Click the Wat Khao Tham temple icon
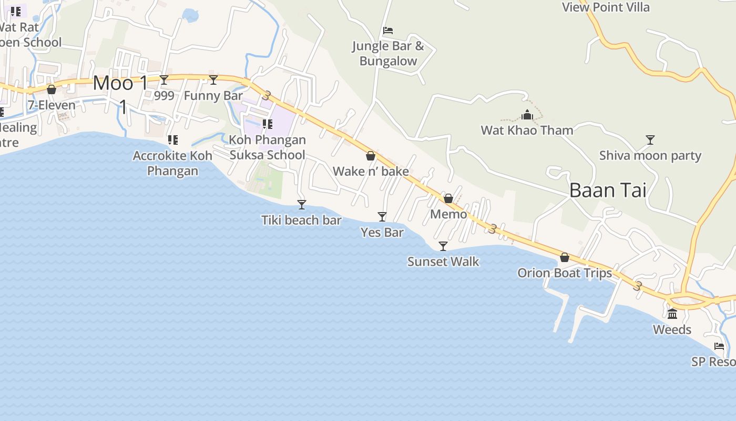point(527,115)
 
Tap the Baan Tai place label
point(608,190)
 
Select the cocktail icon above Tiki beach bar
point(302,204)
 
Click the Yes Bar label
point(382,232)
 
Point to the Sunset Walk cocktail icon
point(443,246)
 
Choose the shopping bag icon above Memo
point(448,198)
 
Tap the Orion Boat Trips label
point(565,273)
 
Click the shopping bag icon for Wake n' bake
point(371,156)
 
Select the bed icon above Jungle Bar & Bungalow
point(388,31)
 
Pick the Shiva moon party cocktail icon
point(650,139)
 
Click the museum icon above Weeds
point(672,314)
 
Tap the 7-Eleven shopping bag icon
point(52,89)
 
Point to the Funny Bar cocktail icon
point(213,80)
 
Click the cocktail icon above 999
point(164,80)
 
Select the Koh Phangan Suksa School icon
point(267,124)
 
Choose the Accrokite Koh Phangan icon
point(172,140)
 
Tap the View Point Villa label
point(606,7)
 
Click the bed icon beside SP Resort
point(719,346)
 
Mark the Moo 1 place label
point(121,83)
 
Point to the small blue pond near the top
point(190,15)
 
